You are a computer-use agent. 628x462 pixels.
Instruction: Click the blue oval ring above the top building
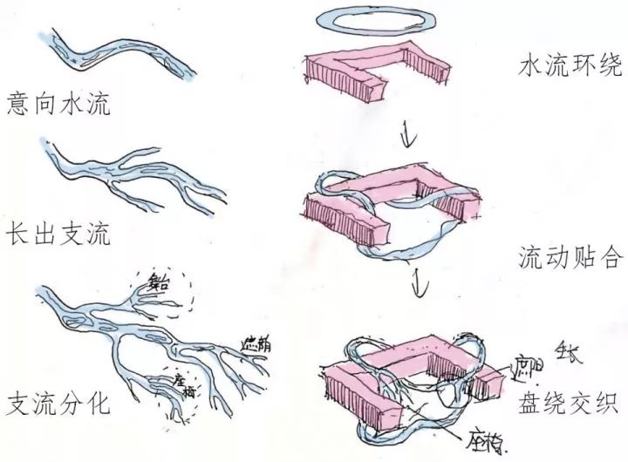pyautogui.click(x=362, y=18)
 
